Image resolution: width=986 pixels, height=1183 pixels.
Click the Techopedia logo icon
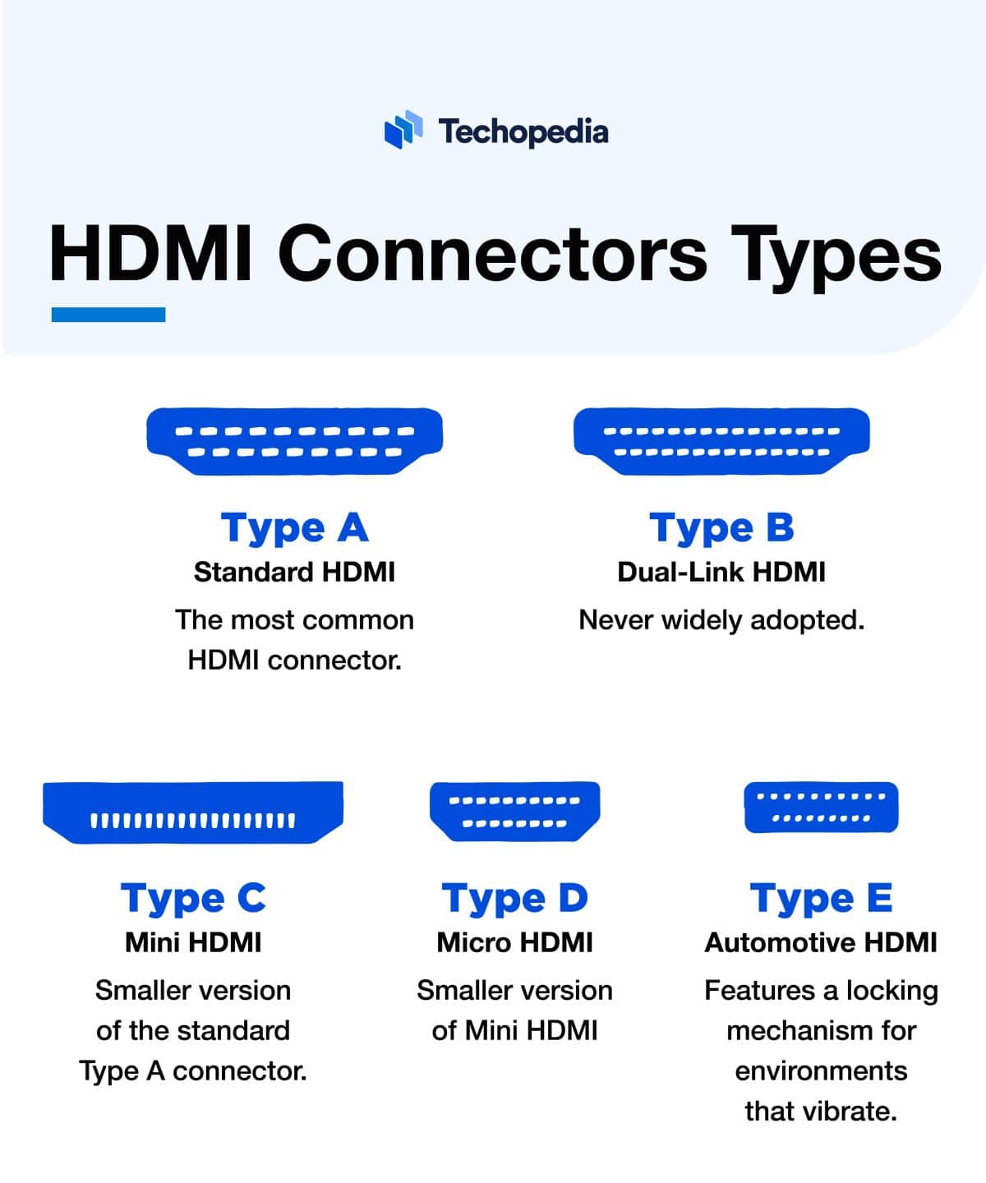pos(403,130)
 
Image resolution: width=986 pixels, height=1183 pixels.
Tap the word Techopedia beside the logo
pos(523,131)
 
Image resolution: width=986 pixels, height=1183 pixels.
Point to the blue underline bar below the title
pos(108,315)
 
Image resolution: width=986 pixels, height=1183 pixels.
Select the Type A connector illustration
pos(294,440)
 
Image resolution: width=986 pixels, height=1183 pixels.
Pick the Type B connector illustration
pos(721,440)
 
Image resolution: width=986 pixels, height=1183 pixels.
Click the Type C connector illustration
pos(193,812)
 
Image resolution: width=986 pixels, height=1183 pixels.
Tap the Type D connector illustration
pos(515,811)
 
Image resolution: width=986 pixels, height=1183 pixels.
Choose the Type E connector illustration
pos(821,807)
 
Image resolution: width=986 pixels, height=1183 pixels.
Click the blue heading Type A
pos(294,527)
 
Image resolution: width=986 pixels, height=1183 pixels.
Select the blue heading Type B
pos(721,527)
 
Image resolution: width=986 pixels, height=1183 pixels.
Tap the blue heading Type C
pos(193,898)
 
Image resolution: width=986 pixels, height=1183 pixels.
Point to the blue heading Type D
pos(515,898)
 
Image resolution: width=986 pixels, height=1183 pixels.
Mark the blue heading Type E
pos(821,898)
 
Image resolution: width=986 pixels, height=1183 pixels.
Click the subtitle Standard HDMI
pos(294,572)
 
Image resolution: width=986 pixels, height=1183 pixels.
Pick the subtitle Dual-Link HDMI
pos(721,572)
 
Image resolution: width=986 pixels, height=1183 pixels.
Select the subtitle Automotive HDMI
pos(821,942)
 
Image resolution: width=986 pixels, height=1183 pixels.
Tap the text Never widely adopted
pos(721,619)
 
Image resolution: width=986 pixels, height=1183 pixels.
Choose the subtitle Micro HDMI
pos(515,942)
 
